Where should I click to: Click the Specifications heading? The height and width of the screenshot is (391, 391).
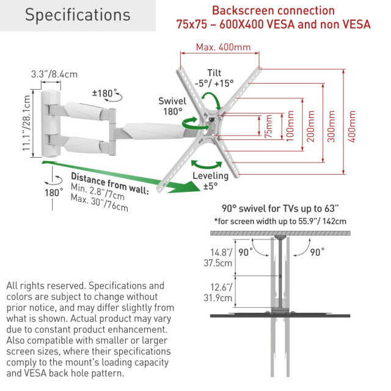tap(78, 15)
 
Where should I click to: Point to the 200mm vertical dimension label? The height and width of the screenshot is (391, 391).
tap(310, 126)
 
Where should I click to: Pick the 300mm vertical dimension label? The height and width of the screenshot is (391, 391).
tap(331, 126)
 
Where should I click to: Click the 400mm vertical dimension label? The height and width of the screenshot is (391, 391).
tap(351, 126)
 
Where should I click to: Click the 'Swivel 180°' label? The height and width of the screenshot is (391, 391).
tap(170, 106)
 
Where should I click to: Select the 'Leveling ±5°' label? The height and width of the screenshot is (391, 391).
tap(211, 180)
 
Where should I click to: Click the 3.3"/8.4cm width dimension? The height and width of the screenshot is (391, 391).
tap(54, 74)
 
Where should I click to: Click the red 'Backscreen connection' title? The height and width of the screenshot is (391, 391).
tap(273, 10)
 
